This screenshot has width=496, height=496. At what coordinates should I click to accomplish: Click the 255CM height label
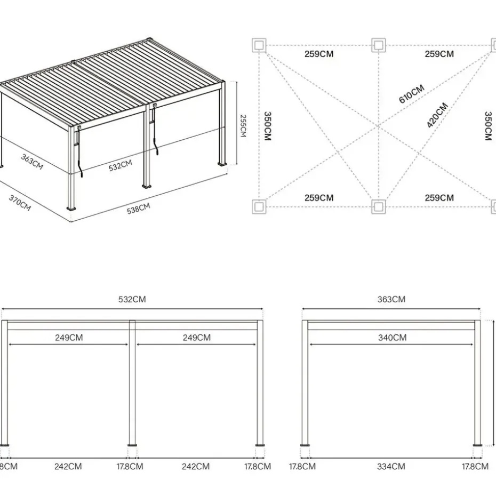click(243, 125)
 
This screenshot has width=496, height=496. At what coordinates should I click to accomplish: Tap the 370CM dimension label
click(20, 203)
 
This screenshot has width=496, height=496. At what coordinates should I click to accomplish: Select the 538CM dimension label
click(138, 209)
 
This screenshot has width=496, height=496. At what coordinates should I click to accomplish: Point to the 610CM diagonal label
click(411, 94)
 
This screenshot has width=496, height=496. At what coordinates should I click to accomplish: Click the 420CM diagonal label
click(437, 115)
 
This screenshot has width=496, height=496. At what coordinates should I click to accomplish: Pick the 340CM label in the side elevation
click(392, 338)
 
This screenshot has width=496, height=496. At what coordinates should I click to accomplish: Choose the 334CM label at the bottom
click(391, 466)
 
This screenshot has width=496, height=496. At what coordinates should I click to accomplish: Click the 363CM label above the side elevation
click(391, 299)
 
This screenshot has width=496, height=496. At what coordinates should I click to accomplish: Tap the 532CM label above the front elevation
click(132, 299)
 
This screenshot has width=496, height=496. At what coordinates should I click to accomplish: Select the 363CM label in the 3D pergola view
click(32, 162)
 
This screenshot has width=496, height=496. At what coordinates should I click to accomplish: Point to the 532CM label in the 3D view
click(120, 165)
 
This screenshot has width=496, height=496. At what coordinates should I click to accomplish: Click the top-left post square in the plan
click(259, 45)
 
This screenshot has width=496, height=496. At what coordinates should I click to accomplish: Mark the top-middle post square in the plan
click(378, 45)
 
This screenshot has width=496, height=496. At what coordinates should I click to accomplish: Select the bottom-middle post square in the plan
click(378, 206)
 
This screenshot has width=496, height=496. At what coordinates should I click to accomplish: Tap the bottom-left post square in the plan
click(259, 206)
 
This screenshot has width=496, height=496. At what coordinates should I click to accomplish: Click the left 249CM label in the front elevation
click(69, 338)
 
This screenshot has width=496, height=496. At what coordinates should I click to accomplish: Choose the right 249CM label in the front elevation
click(196, 338)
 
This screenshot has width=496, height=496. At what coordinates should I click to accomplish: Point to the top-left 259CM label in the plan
click(319, 54)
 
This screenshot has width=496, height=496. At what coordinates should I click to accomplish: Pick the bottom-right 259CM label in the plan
click(439, 198)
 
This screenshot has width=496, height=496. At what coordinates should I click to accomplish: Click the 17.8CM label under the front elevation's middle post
click(130, 466)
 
